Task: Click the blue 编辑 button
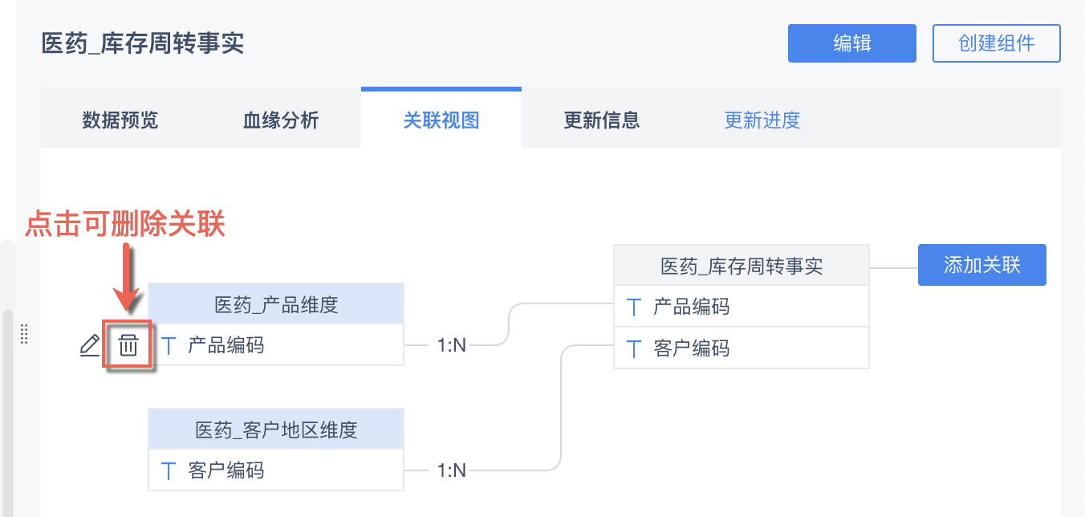tap(851, 43)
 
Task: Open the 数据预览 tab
tap(120, 120)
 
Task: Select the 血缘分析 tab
tap(281, 120)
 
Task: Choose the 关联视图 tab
tap(441, 120)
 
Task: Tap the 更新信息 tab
tap(602, 120)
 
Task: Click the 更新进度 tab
tap(762, 120)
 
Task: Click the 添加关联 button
tap(981, 265)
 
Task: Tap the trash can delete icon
tap(128, 346)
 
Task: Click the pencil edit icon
tap(90, 346)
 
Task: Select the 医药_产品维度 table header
tap(276, 304)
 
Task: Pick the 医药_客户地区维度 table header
tap(276, 429)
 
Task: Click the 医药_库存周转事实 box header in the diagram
tap(742, 266)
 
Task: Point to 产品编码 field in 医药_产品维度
tap(226, 346)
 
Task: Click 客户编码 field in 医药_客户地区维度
tap(226, 470)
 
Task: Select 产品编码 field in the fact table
tap(692, 307)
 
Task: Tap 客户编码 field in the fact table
tap(692, 348)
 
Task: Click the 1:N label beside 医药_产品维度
tap(452, 346)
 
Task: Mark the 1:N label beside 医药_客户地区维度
tap(452, 470)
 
